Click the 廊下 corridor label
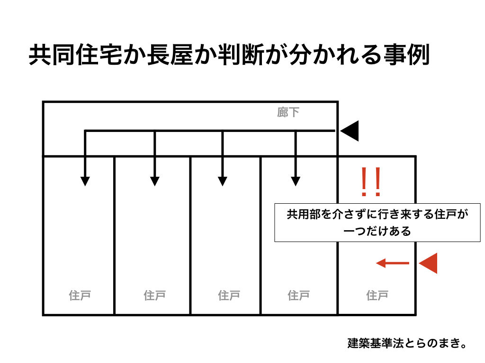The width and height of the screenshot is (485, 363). pyautogui.click(x=288, y=112)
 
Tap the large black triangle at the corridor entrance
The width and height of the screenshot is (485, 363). pyautogui.click(x=350, y=131)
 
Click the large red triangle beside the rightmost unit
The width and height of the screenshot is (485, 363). pyautogui.click(x=428, y=263)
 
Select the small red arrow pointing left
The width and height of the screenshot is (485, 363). pyautogui.click(x=392, y=263)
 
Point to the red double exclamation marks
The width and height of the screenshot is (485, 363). pyautogui.click(x=370, y=182)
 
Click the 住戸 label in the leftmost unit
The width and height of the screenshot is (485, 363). pyautogui.click(x=80, y=296)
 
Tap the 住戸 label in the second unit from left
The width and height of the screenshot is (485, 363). pyautogui.click(x=154, y=296)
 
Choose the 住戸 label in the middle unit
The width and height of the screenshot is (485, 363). pyautogui.click(x=229, y=296)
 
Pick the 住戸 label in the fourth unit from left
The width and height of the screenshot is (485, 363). pyautogui.click(x=298, y=296)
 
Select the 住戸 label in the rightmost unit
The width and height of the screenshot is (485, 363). pyautogui.click(x=377, y=296)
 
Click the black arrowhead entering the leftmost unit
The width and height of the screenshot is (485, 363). pyautogui.click(x=85, y=181)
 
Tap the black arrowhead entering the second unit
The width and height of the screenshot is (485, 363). pyautogui.click(x=154, y=181)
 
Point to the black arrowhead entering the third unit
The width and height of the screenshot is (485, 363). pyautogui.click(x=223, y=181)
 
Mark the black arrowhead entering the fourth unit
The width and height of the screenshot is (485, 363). pyautogui.click(x=296, y=181)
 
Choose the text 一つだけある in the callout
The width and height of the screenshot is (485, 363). pyautogui.click(x=377, y=231)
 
